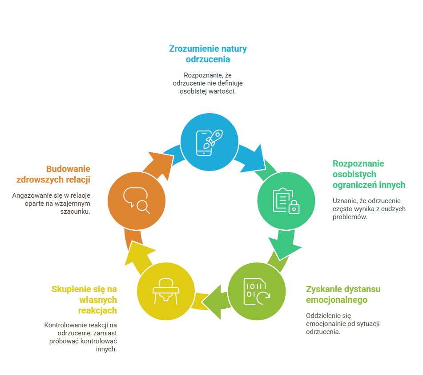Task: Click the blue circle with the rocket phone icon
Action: (209, 141)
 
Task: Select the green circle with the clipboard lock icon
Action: (286, 200)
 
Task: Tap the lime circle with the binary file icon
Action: (257, 291)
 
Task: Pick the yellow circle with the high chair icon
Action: (165, 291)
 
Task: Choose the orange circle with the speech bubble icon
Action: (137, 200)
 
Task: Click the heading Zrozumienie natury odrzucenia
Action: (208, 54)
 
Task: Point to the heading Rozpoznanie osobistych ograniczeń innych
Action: (369, 174)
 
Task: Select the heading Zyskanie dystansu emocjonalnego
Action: (343, 294)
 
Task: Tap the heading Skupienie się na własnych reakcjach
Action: (85, 299)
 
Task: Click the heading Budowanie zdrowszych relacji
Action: (53, 175)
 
